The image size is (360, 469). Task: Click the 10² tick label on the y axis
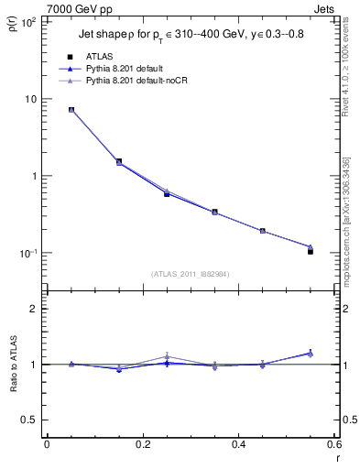27,22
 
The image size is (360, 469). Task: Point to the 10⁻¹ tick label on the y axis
27,254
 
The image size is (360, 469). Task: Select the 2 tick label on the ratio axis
34,309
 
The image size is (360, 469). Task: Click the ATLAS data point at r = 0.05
71,110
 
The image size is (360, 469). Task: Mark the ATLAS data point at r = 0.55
311,251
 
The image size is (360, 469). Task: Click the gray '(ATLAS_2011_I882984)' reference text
190,273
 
